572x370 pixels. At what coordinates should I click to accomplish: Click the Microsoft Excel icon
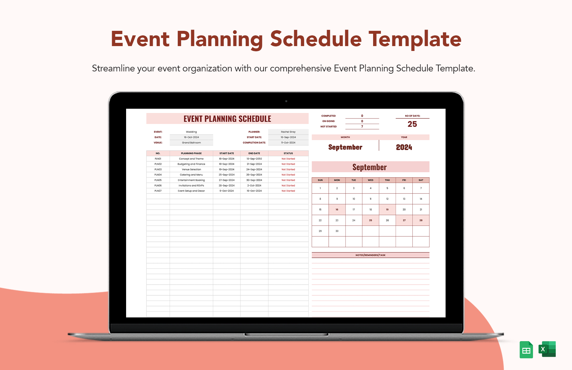547,349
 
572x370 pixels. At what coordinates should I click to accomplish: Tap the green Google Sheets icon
526,350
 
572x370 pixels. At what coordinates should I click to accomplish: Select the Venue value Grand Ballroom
191,143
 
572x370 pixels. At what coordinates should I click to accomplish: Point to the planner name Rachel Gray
288,132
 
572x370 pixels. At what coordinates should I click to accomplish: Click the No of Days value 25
412,124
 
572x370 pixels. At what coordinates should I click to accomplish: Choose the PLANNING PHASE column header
191,154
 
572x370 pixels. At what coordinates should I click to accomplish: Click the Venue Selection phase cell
191,169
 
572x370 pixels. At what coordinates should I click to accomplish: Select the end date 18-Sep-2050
254,159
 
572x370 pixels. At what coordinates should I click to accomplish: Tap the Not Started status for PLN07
288,191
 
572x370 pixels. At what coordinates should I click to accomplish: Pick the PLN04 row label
158,175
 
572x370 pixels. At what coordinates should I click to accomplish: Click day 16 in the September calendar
337,210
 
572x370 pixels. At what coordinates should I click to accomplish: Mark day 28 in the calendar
421,220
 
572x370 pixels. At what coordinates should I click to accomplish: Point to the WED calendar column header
370,180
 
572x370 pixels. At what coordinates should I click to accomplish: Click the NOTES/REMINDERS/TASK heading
370,255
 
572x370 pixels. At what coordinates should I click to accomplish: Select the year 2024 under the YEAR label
404,147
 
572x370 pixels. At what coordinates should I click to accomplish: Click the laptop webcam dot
286,101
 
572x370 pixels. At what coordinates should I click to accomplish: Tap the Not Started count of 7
362,127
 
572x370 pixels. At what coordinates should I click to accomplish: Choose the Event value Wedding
191,132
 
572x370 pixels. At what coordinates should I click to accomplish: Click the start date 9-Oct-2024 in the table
227,191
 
